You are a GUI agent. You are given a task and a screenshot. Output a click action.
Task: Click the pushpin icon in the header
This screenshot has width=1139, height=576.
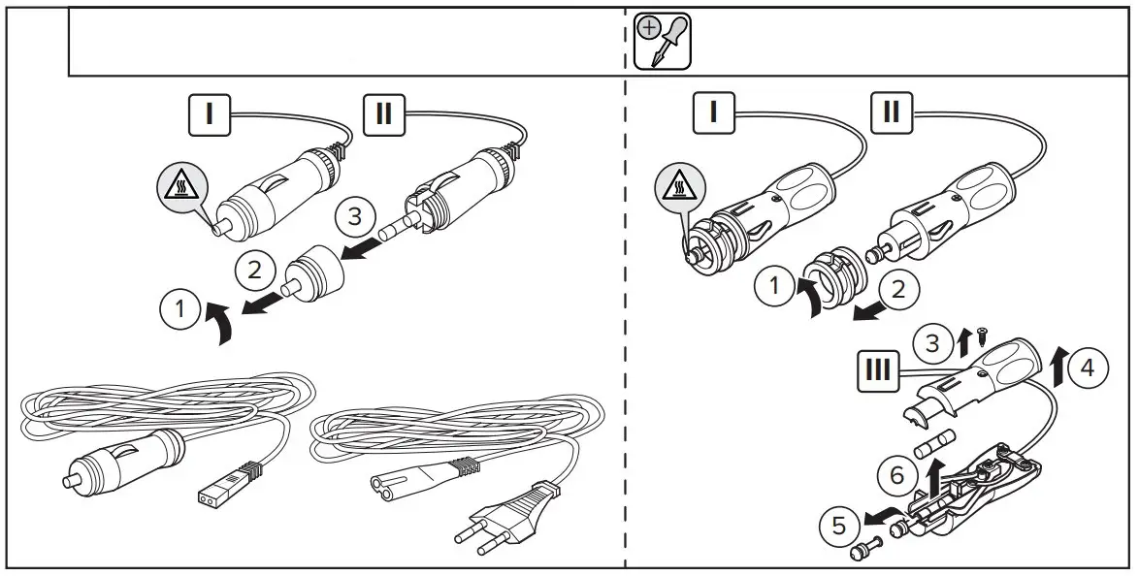(x=663, y=41)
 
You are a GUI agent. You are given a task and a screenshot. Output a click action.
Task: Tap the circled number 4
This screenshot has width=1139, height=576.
(x=1090, y=368)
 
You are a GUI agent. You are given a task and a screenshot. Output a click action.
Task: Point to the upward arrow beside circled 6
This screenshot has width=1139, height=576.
(x=934, y=475)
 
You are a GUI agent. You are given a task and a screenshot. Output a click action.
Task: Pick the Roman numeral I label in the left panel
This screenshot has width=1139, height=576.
(x=207, y=112)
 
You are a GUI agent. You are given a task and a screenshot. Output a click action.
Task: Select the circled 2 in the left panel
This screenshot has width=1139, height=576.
(x=253, y=269)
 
